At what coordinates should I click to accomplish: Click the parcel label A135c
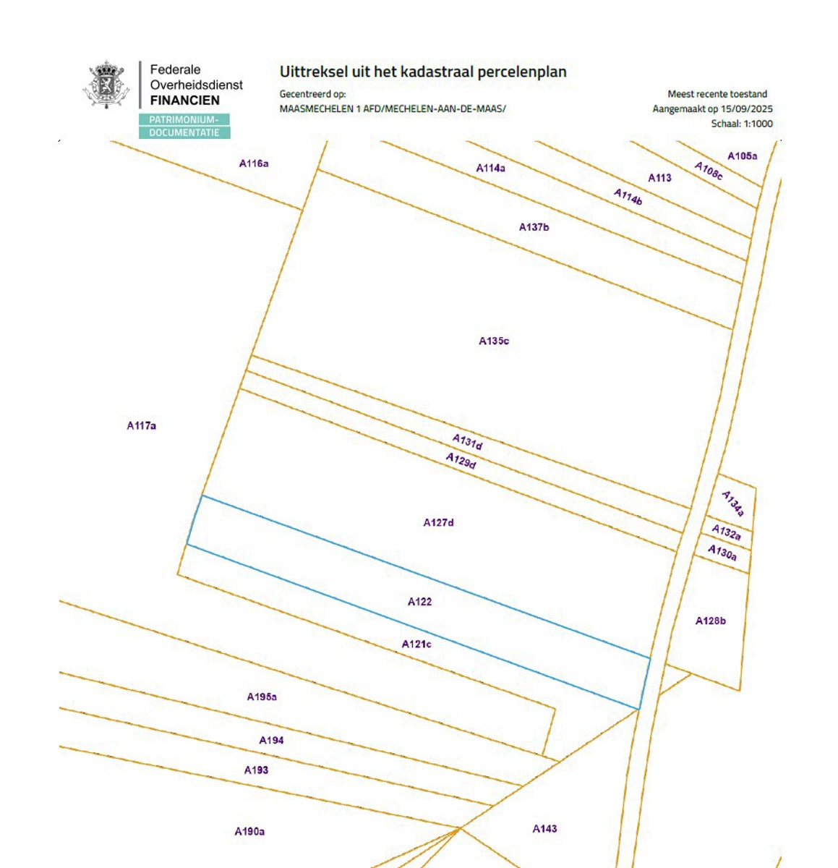tap(494, 341)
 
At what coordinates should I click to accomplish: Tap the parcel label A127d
tap(438, 522)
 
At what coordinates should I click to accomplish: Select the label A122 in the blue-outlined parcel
tap(419, 601)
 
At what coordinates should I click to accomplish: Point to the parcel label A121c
tap(416, 644)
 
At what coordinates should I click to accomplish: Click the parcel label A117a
tap(141, 425)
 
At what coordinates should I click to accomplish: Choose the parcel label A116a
tap(254, 163)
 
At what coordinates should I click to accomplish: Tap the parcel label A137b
tap(534, 227)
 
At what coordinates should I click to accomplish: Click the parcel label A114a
tap(490, 168)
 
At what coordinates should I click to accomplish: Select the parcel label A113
tap(659, 178)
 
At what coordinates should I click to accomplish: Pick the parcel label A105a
tap(742, 156)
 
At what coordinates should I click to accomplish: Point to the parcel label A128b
tap(710, 621)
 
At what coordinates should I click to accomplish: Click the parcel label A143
tap(544, 829)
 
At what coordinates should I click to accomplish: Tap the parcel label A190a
tap(249, 832)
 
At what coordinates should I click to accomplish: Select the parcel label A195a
tap(262, 697)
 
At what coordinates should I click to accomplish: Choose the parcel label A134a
tap(732, 503)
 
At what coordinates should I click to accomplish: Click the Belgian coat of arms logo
tap(106, 85)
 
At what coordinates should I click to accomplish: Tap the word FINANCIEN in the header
tap(184, 101)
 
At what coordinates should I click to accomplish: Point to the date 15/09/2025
tap(746, 109)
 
